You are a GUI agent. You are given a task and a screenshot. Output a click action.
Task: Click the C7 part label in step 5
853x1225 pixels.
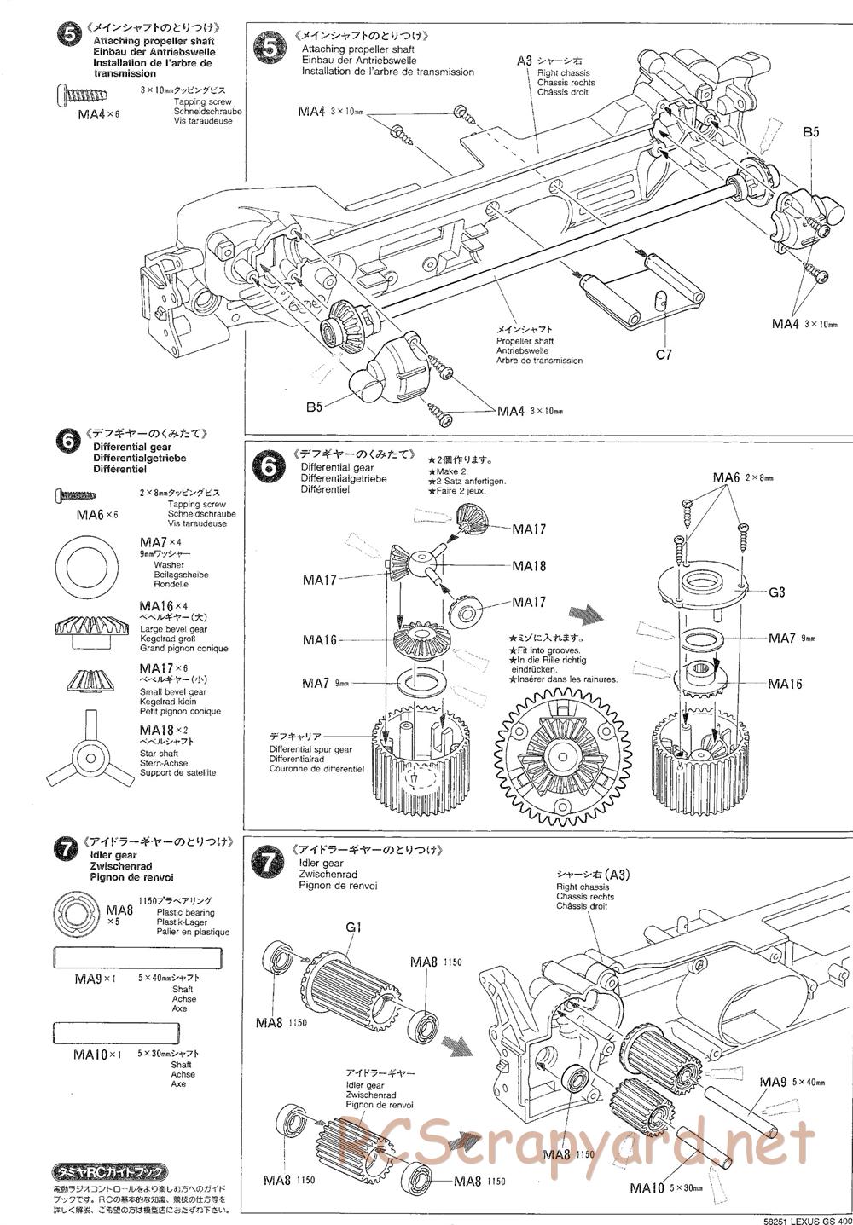(x=664, y=354)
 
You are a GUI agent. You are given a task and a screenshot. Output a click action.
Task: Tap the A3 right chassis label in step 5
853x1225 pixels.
(x=525, y=61)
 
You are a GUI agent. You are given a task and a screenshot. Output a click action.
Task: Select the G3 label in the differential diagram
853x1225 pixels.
(x=776, y=592)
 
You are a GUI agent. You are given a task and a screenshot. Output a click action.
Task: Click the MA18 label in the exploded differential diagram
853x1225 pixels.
(x=529, y=565)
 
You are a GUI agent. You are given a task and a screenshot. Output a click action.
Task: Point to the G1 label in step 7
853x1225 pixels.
(x=354, y=927)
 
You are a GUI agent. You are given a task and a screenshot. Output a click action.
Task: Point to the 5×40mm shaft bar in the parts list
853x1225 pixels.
(x=136, y=957)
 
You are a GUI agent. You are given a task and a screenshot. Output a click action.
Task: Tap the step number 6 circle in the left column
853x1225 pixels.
(x=66, y=440)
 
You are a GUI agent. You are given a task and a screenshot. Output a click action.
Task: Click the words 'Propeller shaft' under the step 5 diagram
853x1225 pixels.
(x=525, y=341)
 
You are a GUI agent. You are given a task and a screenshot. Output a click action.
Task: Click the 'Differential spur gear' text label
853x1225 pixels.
(x=310, y=748)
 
